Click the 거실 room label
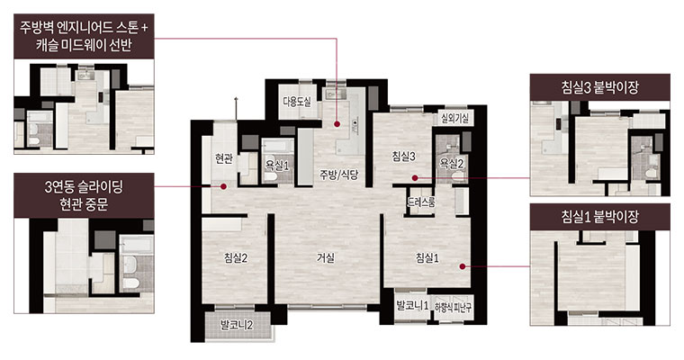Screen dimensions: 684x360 [326, 258]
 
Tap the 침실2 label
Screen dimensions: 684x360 [236, 258]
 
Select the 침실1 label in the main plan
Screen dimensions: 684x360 [427, 258]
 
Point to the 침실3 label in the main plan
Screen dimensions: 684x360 [403, 157]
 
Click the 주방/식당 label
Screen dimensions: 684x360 [339, 175]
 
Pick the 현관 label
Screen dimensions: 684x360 [224, 158]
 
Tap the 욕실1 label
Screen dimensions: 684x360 [277, 166]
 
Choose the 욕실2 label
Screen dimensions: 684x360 [452, 163]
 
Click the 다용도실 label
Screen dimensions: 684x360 [297, 102]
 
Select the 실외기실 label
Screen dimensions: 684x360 [455, 118]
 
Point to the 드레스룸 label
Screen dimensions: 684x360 [421, 202]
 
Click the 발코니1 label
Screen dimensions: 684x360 [412, 305]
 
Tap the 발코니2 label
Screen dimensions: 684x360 [238, 325]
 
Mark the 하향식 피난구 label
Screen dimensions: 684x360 [454, 307]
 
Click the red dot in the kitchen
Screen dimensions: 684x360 [337, 124]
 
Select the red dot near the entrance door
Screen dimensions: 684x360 [223, 186]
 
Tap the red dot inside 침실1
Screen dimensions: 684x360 [463, 265]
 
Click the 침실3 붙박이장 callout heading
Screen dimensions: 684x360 [599, 87]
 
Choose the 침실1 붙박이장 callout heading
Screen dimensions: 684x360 [599, 216]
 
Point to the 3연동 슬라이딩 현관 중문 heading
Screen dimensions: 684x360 [84, 195]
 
